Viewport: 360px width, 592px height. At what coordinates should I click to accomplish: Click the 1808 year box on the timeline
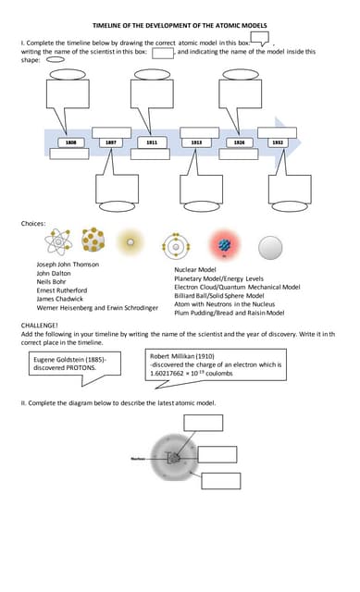[x=69, y=142]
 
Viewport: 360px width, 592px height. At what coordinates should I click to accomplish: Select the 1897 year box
[x=111, y=142]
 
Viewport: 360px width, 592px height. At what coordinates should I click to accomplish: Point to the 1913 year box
[x=196, y=142]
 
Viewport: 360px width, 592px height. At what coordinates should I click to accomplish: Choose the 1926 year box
[x=239, y=142]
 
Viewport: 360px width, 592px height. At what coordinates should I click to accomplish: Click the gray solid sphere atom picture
[x=269, y=246]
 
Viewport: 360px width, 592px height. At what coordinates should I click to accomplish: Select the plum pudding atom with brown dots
[x=93, y=242]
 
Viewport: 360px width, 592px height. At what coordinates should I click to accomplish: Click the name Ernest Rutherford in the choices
[x=62, y=290]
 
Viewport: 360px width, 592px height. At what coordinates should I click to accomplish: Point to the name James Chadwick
[x=58, y=299]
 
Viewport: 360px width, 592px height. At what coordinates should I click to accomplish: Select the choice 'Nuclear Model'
[x=195, y=269]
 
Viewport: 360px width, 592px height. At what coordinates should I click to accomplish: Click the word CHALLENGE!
[x=40, y=327]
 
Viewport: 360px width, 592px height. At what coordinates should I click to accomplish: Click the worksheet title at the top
[x=180, y=27]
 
